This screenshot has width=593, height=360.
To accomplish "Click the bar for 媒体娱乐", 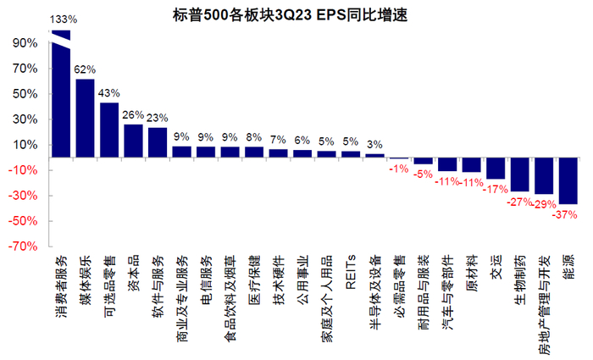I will coord(85,118).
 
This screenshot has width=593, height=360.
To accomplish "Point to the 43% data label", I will coord(109,92).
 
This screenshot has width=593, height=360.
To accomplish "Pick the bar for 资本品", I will coord(133,141).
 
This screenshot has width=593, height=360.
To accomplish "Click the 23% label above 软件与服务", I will coord(158,118).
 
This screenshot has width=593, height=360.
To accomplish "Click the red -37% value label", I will coord(568,214).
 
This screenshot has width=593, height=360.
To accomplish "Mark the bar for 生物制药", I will coord(519,174).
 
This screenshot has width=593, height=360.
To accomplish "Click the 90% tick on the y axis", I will coord(24,43).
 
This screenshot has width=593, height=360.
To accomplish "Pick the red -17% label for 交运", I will coord(495,189).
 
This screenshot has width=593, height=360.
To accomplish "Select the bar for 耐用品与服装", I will coord(423,161).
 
